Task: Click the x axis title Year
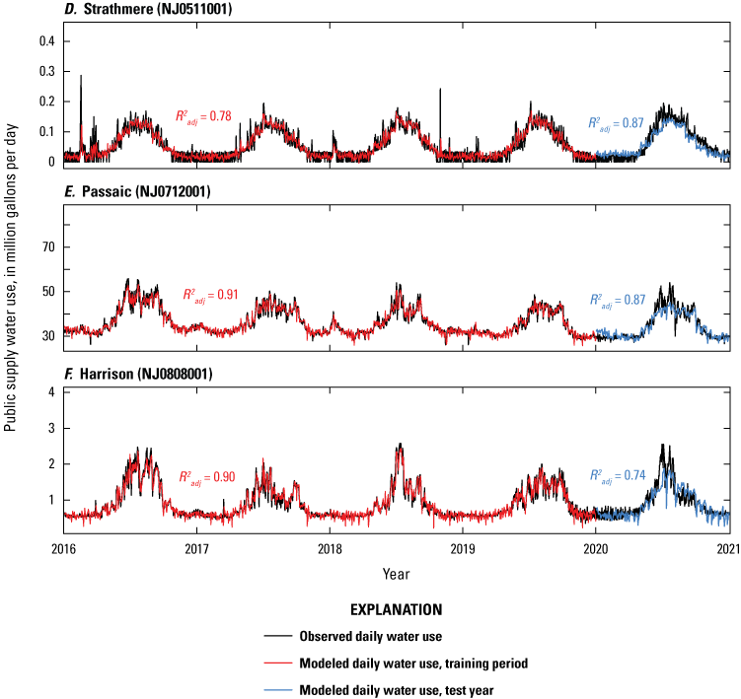pos(396,573)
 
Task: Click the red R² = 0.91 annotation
pos(210,294)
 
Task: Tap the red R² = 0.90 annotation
pos(206,477)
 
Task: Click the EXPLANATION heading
pos(395,610)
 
